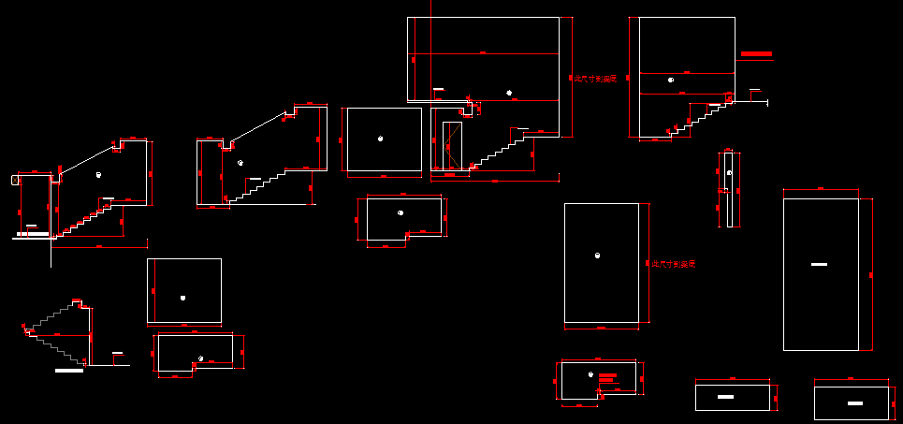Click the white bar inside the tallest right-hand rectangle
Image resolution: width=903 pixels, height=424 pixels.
(819, 265)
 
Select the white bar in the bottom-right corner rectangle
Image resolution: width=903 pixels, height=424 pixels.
(854, 403)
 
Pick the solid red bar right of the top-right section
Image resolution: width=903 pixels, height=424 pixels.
(756, 54)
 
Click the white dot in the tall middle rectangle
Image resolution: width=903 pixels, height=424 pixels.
(597, 256)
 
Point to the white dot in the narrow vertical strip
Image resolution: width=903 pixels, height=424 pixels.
(728, 173)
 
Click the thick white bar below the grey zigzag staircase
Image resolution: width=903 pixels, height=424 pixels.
(69, 371)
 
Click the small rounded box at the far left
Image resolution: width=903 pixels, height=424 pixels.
(15, 179)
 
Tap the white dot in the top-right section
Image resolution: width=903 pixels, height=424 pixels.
(670, 80)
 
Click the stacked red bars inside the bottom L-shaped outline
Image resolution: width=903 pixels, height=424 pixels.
(606, 379)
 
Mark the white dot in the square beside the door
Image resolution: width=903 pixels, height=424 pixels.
(380, 139)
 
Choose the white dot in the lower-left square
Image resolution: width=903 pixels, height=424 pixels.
(182, 298)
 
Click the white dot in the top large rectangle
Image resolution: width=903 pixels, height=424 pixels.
(509, 92)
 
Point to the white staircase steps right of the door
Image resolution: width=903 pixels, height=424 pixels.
(502, 150)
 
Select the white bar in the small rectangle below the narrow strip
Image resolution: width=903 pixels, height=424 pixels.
(724, 398)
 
